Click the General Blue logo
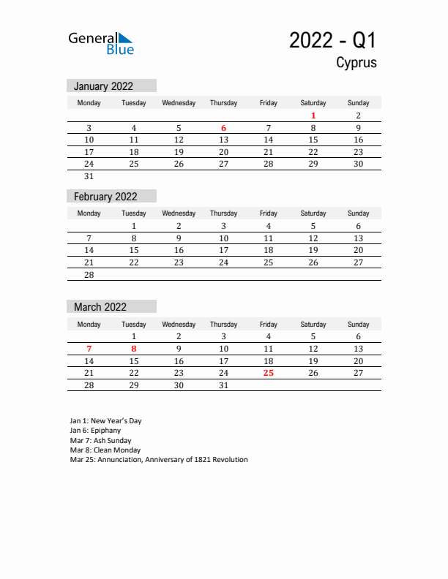tap(101, 43)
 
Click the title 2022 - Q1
tap(333, 40)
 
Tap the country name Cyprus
tap(356, 63)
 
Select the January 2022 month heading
tap(104, 86)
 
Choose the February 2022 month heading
tap(105, 197)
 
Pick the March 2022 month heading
tap(100, 307)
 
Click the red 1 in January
tap(313, 116)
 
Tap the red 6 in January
tap(223, 128)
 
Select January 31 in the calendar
tap(89, 176)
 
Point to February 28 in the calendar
tap(89, 274)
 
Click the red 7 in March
tap(89, 349)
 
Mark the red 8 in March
tap(134, 349)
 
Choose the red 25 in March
tap(269, 373)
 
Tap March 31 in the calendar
tap(223, 385)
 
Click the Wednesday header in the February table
tap(179, 213)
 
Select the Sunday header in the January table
tap(358, 103)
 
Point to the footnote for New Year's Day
tap(105, 421)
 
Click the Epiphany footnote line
tap(95, 431)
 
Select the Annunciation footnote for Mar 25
tap(159, 460)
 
